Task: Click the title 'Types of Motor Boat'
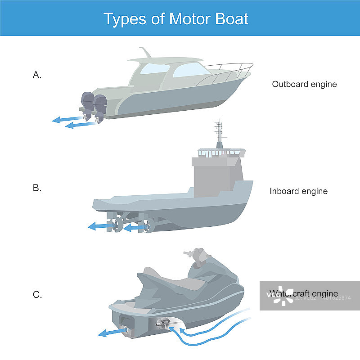[176, 19]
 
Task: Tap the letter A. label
[37, 76]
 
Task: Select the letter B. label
[37, 188]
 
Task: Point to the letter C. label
[37, 295]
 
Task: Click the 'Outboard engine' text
[304, 84]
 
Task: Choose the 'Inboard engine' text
[298, 191]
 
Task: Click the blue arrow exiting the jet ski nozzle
[110, 332]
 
